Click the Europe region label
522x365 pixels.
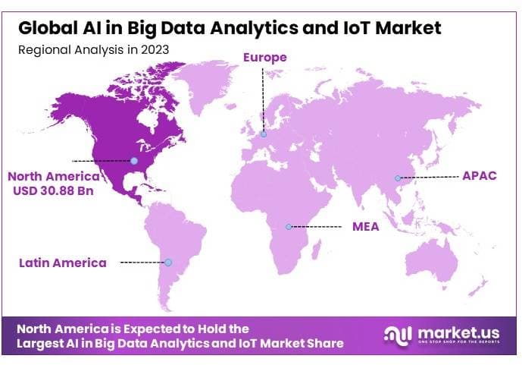click(x=265, y=57)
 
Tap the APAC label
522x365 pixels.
click(x=479, y=175)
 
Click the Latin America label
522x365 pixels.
click(x=63, y=263)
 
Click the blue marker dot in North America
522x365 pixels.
click(x=134, y=161)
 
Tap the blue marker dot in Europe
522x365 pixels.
click(x=264, y=135)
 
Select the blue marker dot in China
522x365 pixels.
click(x=397, y=178)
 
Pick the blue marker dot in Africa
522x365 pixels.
click(x=289, y=226)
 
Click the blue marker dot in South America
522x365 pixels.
click(x=169, y=263)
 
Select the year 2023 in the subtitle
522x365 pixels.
click(x=154, y=49)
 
